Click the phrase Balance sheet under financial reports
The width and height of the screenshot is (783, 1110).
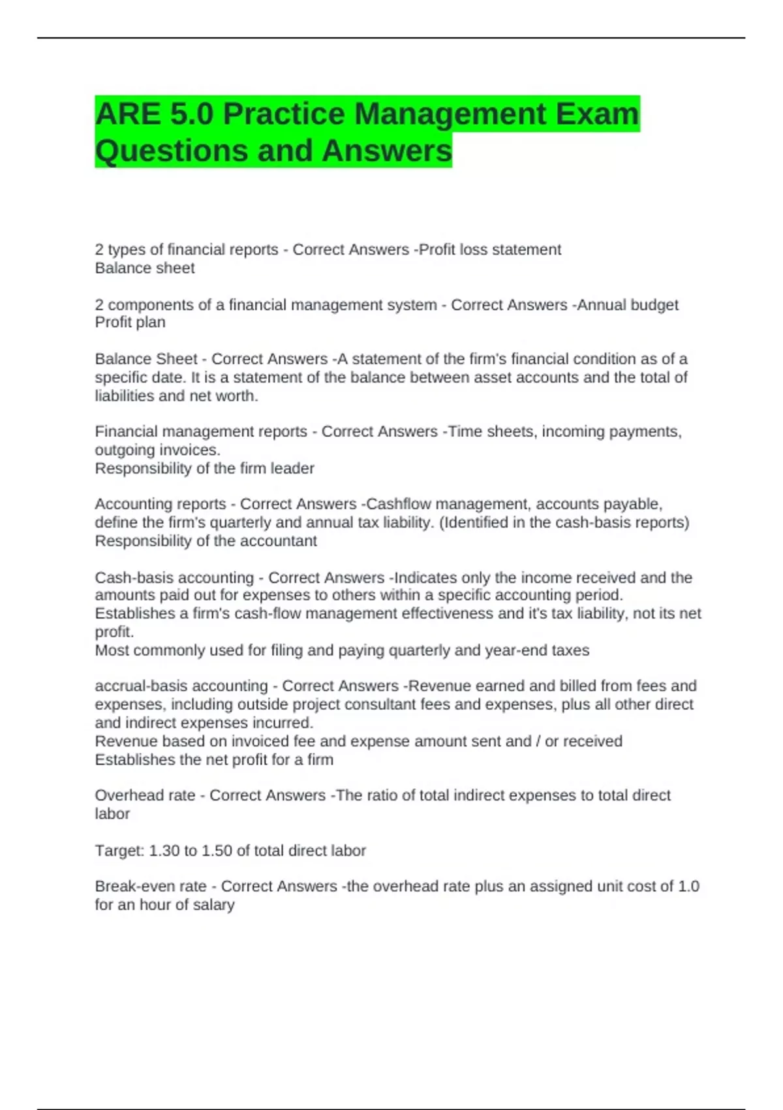click(145, 268)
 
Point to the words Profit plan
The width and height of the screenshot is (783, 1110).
click(130, 323)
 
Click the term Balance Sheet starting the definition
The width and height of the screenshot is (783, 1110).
click(146, 359)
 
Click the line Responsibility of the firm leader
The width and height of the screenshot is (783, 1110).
click(204, 469)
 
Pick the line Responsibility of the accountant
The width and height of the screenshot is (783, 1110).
click(206, 541)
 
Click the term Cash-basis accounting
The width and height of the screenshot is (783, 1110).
click(174, 578)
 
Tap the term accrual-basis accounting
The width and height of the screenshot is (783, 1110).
click(181, 686)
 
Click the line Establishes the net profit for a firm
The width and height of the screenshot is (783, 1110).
click(214, 760)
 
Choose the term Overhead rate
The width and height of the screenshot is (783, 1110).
click(145, 795)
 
